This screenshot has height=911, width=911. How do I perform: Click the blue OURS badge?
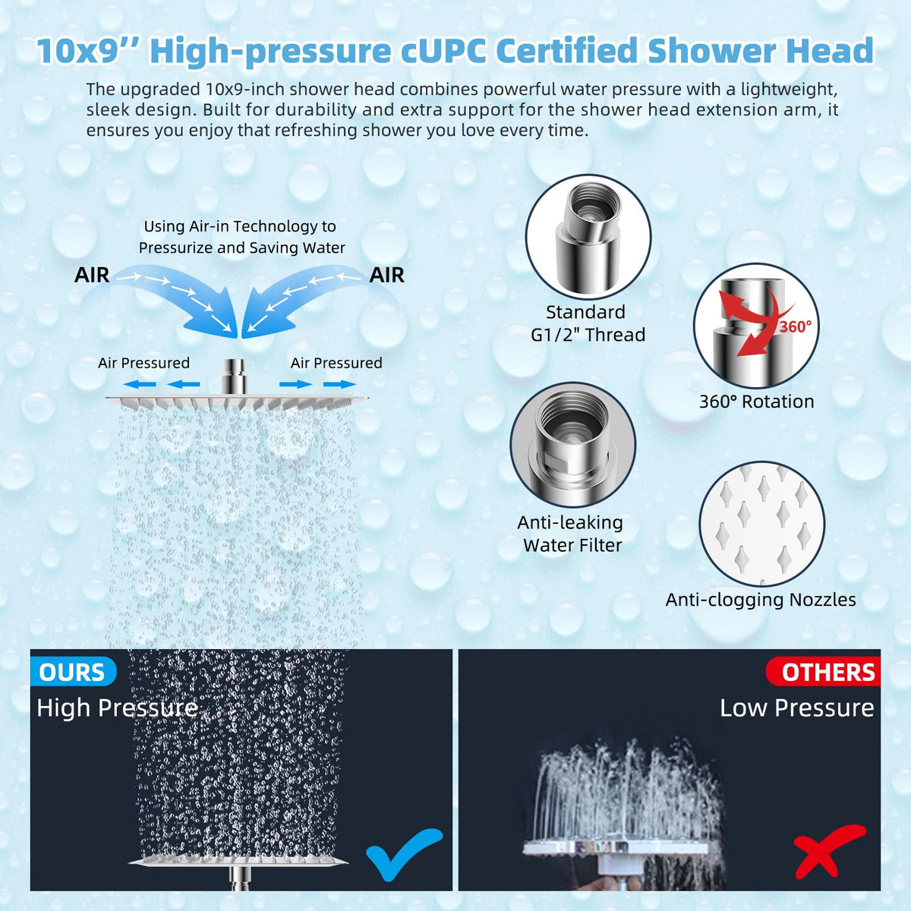74,672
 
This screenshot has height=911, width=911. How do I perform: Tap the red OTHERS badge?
823,672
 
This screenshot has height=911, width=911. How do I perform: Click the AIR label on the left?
92,275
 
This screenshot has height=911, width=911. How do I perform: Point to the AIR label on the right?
386,275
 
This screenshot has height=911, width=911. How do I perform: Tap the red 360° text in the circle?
795,326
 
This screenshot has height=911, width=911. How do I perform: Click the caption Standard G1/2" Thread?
588,323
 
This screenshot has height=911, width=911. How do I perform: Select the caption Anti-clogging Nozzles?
761,600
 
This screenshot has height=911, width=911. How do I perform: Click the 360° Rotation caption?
756,402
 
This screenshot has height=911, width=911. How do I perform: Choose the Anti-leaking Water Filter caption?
571,534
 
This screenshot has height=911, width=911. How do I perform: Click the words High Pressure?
117,708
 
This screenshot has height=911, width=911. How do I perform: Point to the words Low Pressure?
796,708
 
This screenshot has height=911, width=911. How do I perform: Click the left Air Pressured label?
143,363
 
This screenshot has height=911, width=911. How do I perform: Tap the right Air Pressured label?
336,363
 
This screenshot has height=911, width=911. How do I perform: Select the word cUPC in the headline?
443,51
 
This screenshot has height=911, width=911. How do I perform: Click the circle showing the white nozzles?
761,524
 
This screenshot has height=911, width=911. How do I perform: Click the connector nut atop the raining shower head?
234,377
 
